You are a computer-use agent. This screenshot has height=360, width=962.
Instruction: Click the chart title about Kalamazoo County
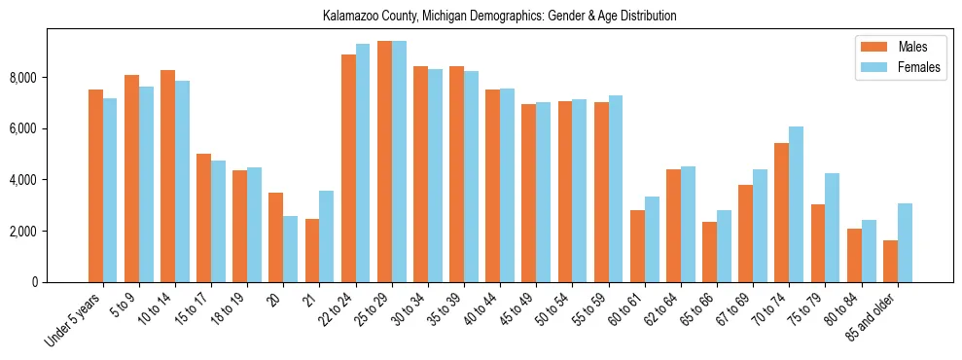click(499, 16)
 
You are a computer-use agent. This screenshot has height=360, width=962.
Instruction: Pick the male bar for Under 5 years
click(95, 186)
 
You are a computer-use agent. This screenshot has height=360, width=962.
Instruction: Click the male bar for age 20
click(276, 237)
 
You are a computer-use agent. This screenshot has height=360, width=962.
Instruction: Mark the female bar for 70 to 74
click(797, 204)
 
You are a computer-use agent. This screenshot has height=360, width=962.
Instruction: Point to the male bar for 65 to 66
click(710, 252)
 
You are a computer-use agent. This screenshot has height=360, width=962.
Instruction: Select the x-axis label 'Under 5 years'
click(74, 319)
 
